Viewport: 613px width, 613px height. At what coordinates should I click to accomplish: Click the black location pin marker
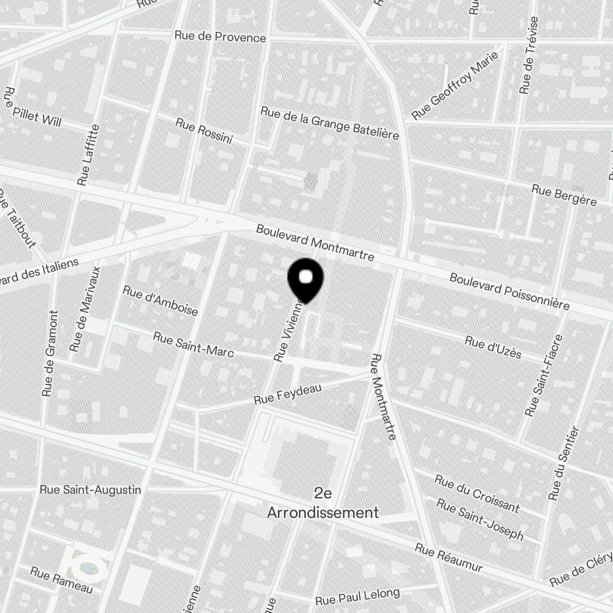[x=305, y=280]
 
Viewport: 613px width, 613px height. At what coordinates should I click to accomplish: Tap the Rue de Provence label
[x=220, y=37]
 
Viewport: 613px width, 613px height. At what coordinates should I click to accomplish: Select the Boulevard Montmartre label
[x=315, y=243]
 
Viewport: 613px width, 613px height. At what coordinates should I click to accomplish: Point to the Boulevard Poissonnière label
[x=509, y=291]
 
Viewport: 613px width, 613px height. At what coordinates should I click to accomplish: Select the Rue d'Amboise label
[x=161, y=300]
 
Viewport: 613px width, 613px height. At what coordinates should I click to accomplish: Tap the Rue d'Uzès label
[x=493, y=348]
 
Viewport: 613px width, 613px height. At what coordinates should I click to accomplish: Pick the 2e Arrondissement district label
[x=323, y=503]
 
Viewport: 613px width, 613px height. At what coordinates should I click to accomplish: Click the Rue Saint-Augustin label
[x=90, y=490]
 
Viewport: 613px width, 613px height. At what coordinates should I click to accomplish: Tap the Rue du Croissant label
[x=477, y=493]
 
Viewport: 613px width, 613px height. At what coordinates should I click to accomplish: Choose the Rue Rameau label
[x=61, y=579]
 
